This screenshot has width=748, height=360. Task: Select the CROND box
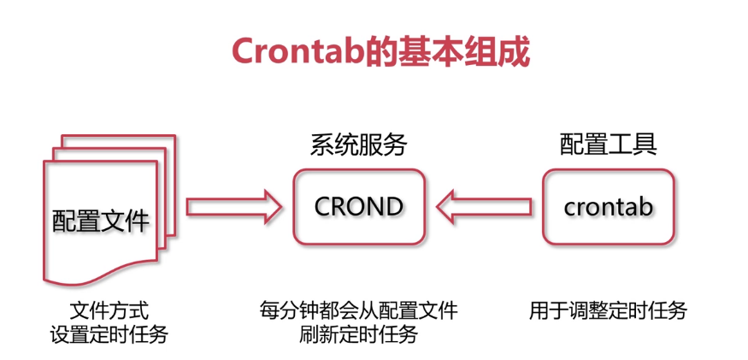pyautogui.click(x=358, y=206)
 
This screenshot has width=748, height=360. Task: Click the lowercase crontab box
pyautogui.click(x=609, y=206)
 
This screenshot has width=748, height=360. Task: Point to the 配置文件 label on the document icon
pyautogui.click(x=101, y=221)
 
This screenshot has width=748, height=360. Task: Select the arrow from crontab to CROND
pyautogui.click(x=483, y=206)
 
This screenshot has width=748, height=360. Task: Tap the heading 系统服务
pyautogui.click(x=358, y=145)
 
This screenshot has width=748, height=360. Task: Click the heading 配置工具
pyautogui.click(x=608, y=145)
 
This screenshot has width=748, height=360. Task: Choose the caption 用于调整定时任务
pyautogui.click(x=608, y=310)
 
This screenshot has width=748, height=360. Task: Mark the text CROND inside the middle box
pyautogui.click(x=358, y=206)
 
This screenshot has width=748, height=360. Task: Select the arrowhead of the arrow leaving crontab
pyautogui.click(x=447, y=206)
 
